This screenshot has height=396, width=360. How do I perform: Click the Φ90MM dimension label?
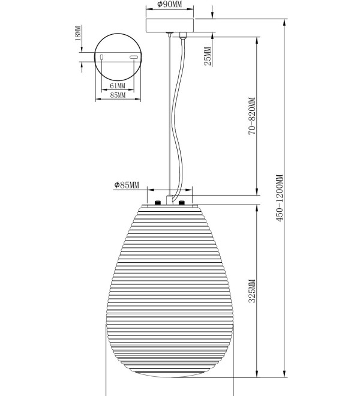point(169,4)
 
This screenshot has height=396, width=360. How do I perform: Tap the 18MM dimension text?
point(79,33)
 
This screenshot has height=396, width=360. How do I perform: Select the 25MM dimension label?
point(208,56)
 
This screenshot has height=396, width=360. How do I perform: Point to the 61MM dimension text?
point(118,86)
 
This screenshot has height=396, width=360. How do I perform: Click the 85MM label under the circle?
point(118,95)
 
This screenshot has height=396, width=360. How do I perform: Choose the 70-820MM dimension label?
point(252,116)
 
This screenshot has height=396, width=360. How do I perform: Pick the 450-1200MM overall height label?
point(280,198)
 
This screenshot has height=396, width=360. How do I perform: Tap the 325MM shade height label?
point(252,290)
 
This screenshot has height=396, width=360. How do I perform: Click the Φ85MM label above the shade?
point(127,185)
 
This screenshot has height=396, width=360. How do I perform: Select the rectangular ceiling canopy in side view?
point(170,25)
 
